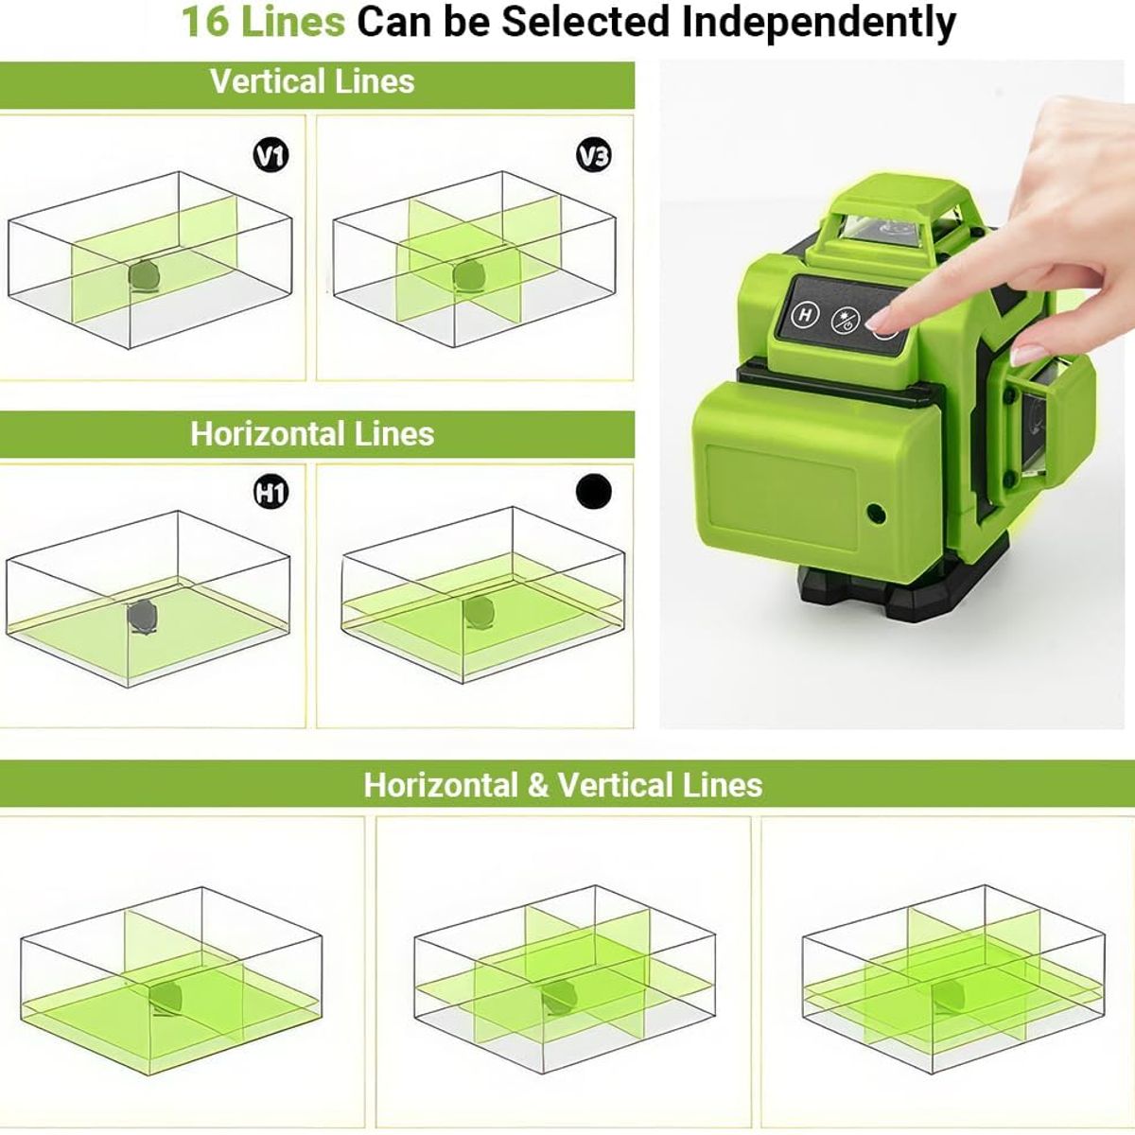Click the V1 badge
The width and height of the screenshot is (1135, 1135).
point(271,154)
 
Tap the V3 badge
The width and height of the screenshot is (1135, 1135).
point(594,154)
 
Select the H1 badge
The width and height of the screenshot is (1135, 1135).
point(271,492)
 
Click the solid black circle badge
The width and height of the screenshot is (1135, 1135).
point(594,491)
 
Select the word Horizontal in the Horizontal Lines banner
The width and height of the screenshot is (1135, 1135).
point(269,433)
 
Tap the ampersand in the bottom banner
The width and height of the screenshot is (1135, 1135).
point(538,785)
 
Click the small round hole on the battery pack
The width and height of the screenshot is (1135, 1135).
point(876,515)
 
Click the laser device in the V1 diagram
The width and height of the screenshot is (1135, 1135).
point(145,275)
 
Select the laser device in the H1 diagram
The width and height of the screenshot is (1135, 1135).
point(145,616)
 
